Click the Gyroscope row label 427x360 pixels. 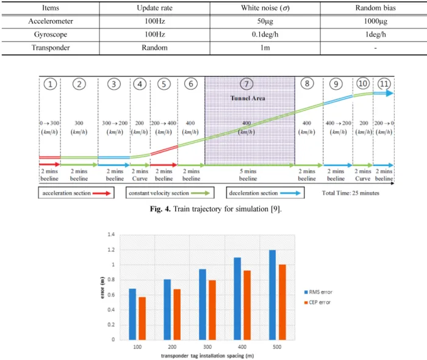tap(51, 35)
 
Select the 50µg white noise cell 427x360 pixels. tap(265, 21)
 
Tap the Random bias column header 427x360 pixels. tap(375, 8)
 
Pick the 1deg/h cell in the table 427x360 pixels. tap(376, 35)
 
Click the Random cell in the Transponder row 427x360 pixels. tap(154, 48)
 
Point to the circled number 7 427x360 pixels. tap(246, 84)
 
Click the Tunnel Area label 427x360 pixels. tap(248, 98)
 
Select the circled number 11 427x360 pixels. tap(384, 84)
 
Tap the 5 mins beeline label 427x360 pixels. tap(248, 175)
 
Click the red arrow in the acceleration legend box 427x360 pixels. tap(102, 193)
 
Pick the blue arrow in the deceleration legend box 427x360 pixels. tap(290, 193)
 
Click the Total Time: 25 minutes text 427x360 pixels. tap(351, 193)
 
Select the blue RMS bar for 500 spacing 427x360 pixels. tap(272, 295)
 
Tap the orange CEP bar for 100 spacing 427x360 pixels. tap(142, 319)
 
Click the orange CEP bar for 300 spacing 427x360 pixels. tap(212, 310)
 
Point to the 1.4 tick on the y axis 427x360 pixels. tap(111, 234)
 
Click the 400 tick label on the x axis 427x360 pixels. tap(242, 347)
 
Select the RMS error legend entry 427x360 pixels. tap(318, 292)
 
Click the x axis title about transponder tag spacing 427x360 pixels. tap(207, 356)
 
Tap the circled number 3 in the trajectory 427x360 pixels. tap(114, 84)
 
